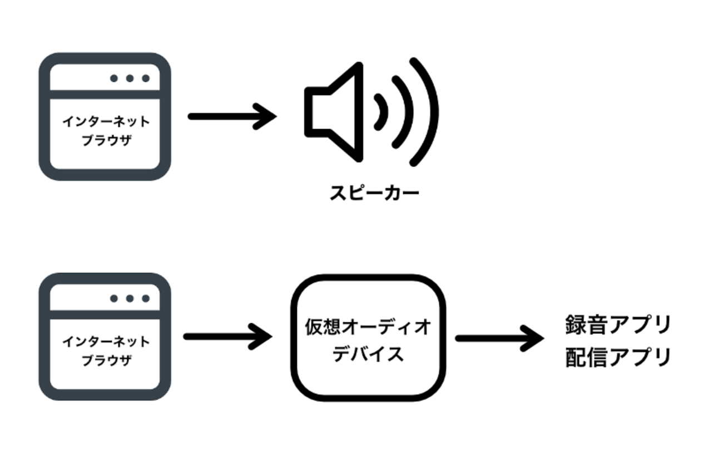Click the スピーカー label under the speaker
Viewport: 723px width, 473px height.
(x=374, y=193)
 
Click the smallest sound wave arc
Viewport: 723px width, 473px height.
(x=382, y=112)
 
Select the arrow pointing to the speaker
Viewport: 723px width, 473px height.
(x=231, y=116)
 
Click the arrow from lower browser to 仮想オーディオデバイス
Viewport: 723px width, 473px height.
(x=227, y=337)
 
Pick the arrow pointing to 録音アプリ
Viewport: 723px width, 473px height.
(x=498, y=338)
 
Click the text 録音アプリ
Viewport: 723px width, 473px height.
(x=618, y=325)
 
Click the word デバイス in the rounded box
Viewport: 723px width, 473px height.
(x=368, y=354)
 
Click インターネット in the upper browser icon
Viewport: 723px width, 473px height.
(x=106, y=121)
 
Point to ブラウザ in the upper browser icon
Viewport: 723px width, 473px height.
(x=106, y=140)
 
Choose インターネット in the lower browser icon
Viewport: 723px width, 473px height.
(x=106, y=341)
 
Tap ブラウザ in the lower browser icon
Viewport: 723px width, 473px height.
(x=106, y=360)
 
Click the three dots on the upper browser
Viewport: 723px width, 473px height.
(x=130, y=78)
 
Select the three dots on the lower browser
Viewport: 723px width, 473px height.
(x=130, y=298)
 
